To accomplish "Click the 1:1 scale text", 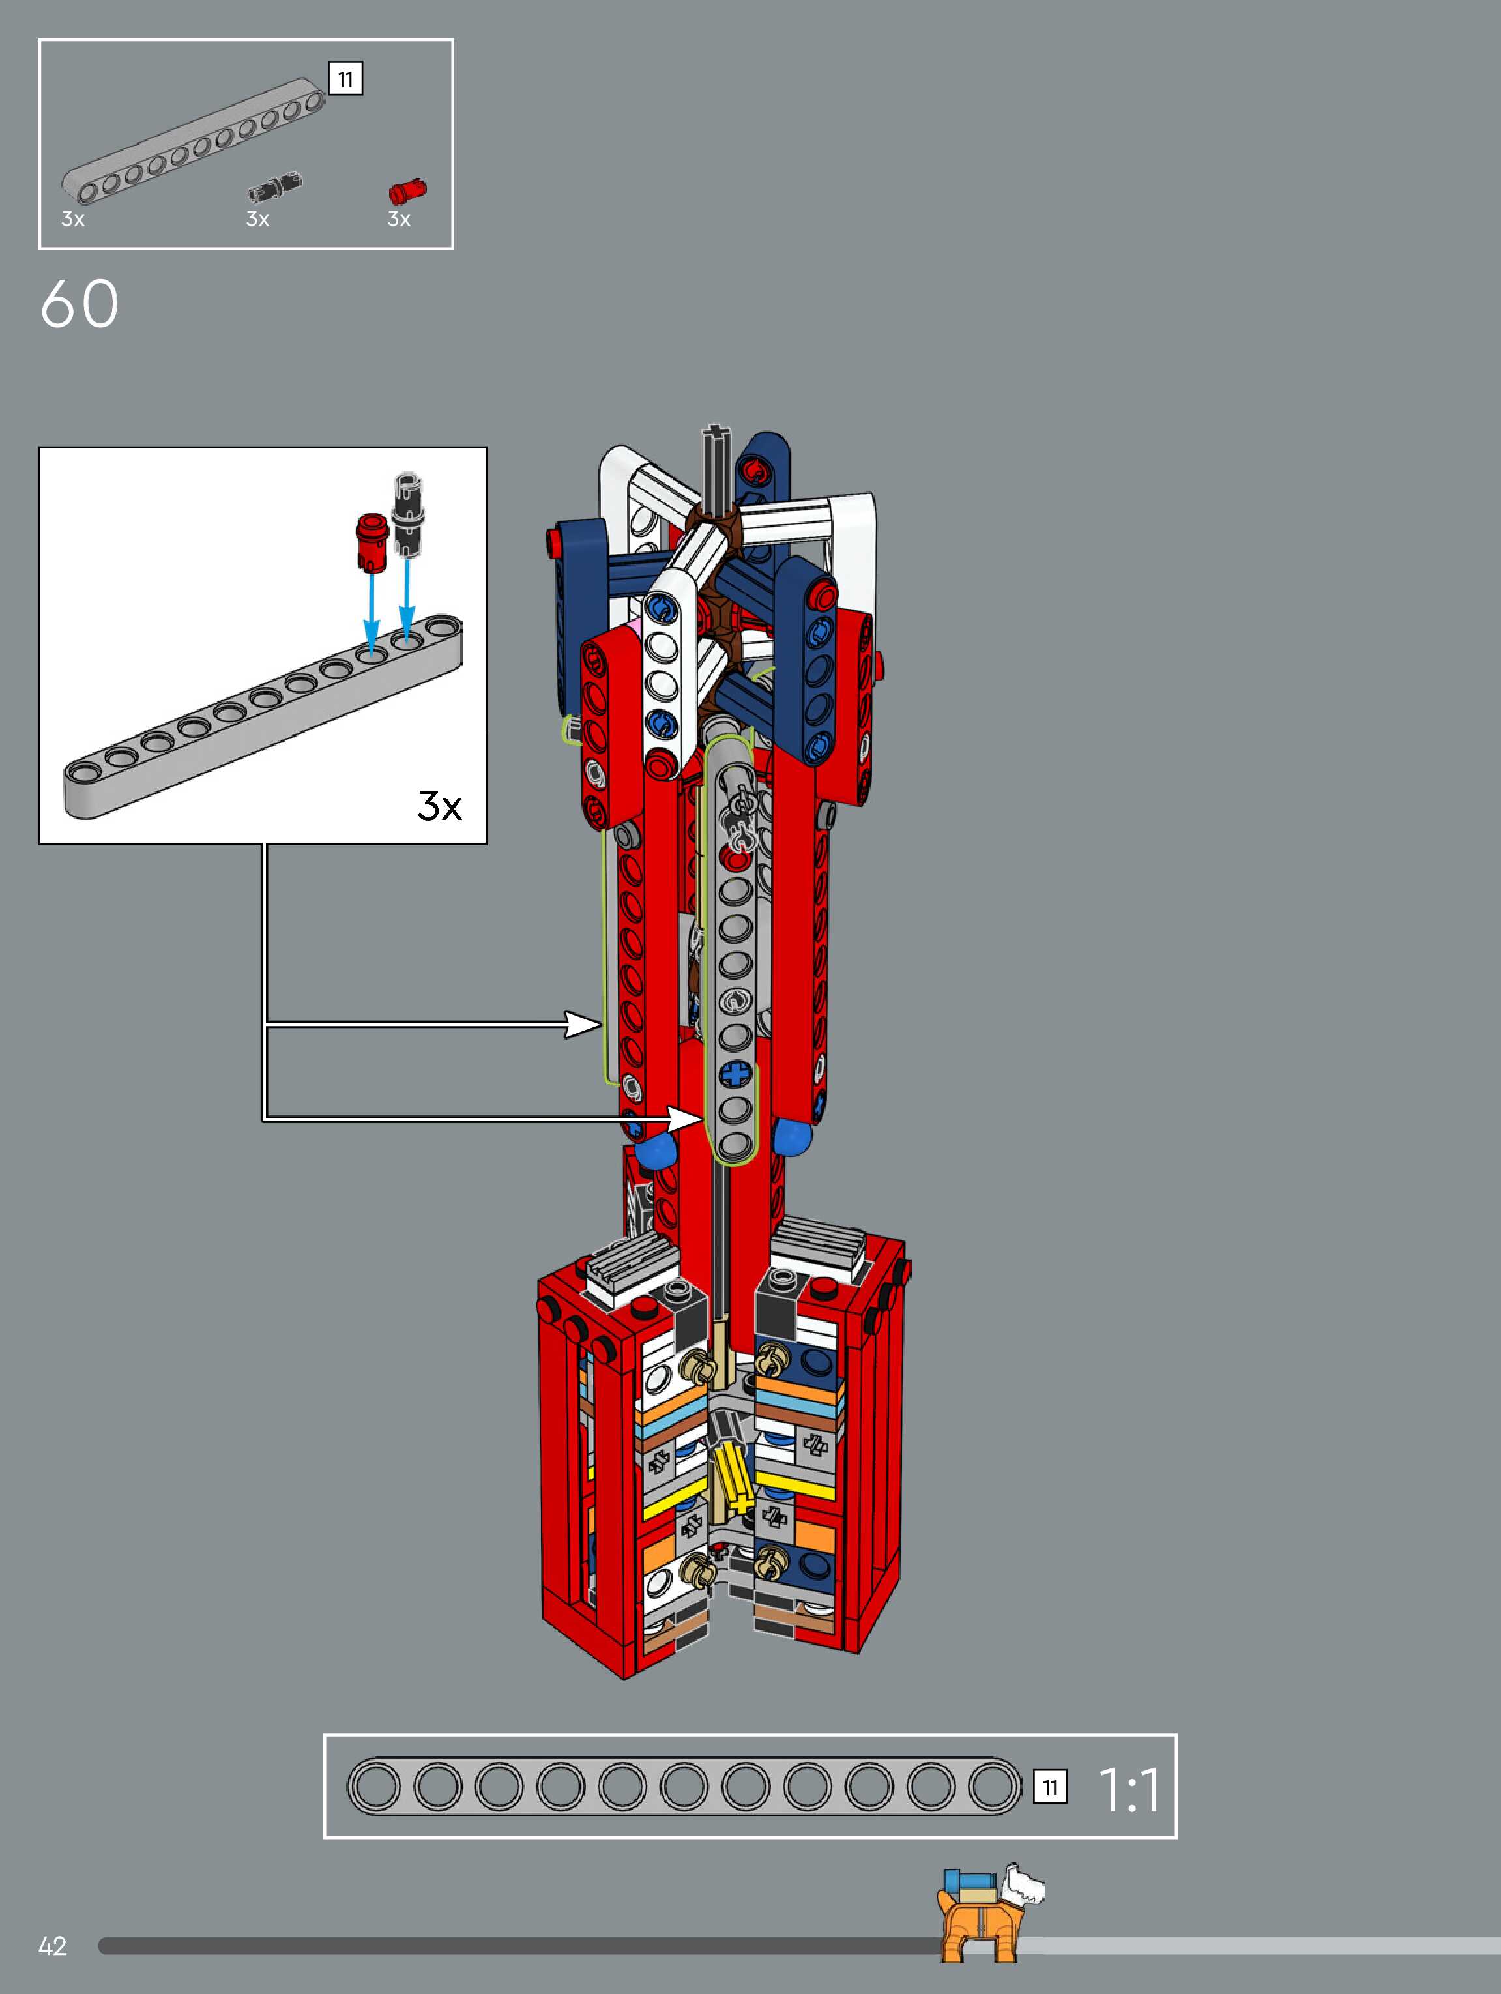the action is (1129, 1789).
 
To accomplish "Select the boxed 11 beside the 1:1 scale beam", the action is (1050, 1787).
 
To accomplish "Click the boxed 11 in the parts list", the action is (345, 80).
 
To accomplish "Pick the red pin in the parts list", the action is (407, 191).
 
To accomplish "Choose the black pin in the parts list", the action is (275, 186).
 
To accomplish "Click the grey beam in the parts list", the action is (193, 139).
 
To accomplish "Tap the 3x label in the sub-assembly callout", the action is (439, 805).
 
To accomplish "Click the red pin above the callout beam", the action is (370, 542).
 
